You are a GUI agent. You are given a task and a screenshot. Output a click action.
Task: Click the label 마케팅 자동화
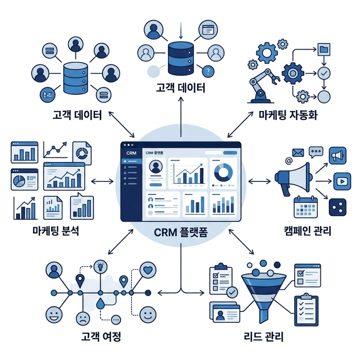pyautogui.click(x=288, y=115)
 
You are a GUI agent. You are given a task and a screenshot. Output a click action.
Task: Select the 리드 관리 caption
pyautogui.click(x=263, y=337)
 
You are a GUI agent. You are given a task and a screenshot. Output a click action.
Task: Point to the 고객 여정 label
pyautogui.click(x=101, y=337)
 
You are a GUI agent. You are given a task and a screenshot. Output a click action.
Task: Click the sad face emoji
pyautogui.click(x=83, y=317)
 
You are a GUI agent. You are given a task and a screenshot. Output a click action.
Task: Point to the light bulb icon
pyautogui.click(x=100, y=267)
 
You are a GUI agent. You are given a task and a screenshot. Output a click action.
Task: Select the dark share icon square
pyautogui.click(x=338, y=207)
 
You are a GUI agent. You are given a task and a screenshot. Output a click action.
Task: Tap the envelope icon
pyautogui.click(x=298, y=153)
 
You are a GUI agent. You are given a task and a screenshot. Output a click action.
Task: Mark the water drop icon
pyautogui.click(x=100, y=304)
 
